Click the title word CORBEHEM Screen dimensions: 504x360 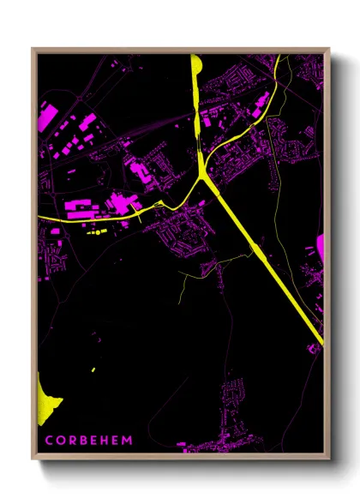pos(89,440)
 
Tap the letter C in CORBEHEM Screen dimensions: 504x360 pos(49,440)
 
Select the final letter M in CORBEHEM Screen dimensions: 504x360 pos(129,440)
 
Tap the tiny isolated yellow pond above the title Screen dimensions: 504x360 pos(93,370)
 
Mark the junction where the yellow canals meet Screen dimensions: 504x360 pos(203,175)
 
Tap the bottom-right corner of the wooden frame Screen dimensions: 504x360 pos(328,458)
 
